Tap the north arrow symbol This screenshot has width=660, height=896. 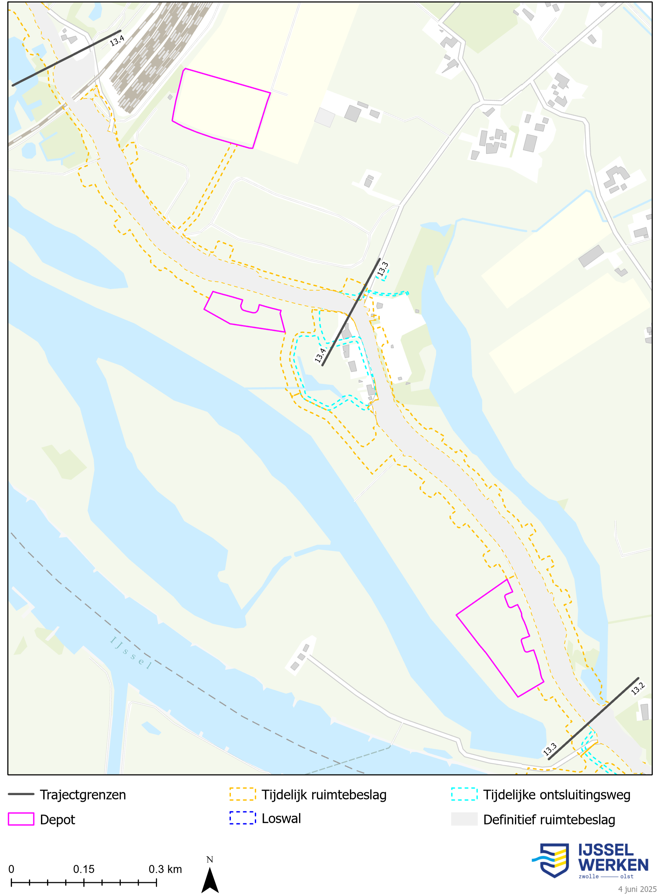click(210, 880)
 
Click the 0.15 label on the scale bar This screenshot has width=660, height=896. click(83, 869)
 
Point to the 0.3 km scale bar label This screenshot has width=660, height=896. click(165, 869)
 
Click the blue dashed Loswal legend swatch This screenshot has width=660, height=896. click(243, 818)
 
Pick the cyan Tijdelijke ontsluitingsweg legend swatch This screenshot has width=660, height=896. click(464, 794)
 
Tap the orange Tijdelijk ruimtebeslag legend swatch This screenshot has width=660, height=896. click(243, 794)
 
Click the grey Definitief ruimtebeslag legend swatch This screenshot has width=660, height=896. click(464, 819)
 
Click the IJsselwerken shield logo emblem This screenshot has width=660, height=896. click(553, 860)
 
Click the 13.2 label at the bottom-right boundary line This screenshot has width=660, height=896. click(638, 689)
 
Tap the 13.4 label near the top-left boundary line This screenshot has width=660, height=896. click(117, 40)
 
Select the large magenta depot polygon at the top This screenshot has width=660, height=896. click(221, 108)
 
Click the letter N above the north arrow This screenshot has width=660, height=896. click(210, 859)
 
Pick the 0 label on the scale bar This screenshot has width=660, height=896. click(11, 869)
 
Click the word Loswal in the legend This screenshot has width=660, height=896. click(281, 818)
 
